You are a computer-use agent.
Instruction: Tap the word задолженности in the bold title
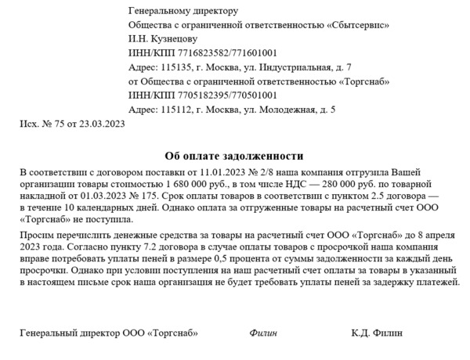260,156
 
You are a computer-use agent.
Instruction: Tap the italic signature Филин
263,333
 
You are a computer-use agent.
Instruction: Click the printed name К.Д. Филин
377,333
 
